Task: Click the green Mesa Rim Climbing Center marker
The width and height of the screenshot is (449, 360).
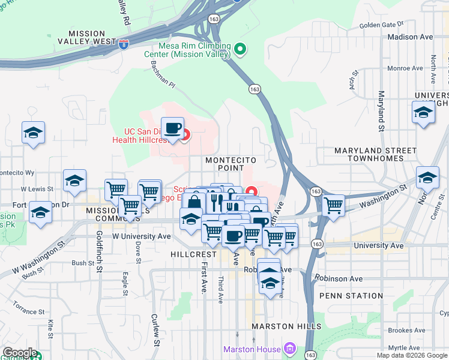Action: (240, 49)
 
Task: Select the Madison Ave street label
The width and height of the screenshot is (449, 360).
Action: (410, 37)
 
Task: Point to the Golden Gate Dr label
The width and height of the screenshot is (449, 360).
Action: (381, 25)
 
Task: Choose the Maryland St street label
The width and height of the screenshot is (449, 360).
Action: (381, 112)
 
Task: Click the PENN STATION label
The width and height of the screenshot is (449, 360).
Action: (351, 296)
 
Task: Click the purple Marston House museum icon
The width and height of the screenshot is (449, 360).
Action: (289, 349)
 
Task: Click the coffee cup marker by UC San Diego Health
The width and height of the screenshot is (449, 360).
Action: (173, 128)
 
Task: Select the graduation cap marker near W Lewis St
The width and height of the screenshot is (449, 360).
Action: (75, 180)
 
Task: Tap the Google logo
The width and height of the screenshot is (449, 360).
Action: (19, 353)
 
